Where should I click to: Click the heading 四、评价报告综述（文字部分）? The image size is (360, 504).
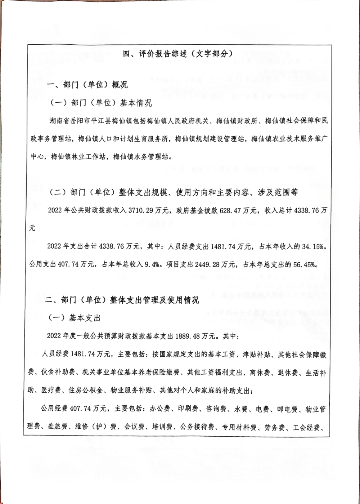pyautogui.click(x=177, y=54)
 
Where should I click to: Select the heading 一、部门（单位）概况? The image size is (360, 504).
pyautogui.click(x=87, y=85)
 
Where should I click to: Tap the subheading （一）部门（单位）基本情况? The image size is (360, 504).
pyautogui.click(x=101, y=103)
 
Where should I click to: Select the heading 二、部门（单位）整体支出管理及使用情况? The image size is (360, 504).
pyautogui.click(x=122, y=300)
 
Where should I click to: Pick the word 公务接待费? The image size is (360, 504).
pyautogui.click(x=198, y=427)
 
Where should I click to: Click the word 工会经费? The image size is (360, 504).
pyautogui.click(x=306, y=427)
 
